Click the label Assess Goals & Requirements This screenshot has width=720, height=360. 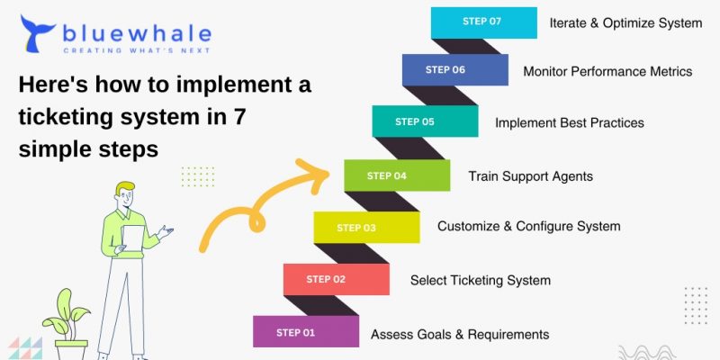(x=460, y=335)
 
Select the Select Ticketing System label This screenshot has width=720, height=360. (x=480, y=280)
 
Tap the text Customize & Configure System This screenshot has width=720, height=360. (x=528, y=227)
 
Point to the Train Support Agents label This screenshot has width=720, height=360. (x=530, y=176)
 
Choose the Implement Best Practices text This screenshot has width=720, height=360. (x=569, y=122)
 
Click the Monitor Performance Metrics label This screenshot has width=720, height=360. (x=607, y=70)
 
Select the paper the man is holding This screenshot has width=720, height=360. (x=133, y=239)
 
